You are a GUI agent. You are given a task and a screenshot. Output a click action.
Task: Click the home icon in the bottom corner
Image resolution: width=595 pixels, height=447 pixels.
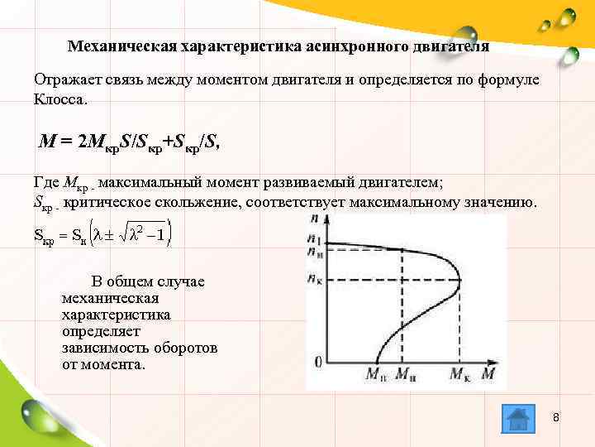517,419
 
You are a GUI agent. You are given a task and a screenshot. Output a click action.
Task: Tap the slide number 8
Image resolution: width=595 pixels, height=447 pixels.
556,416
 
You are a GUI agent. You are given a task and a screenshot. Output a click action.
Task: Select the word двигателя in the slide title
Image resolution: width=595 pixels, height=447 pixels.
450,46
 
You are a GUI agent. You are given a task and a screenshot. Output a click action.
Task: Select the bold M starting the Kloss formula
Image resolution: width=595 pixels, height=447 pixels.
48,141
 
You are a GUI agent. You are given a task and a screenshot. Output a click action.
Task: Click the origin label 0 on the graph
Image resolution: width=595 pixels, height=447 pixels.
318,362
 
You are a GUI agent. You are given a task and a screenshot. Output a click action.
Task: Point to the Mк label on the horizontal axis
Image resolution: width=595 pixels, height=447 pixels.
461,375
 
